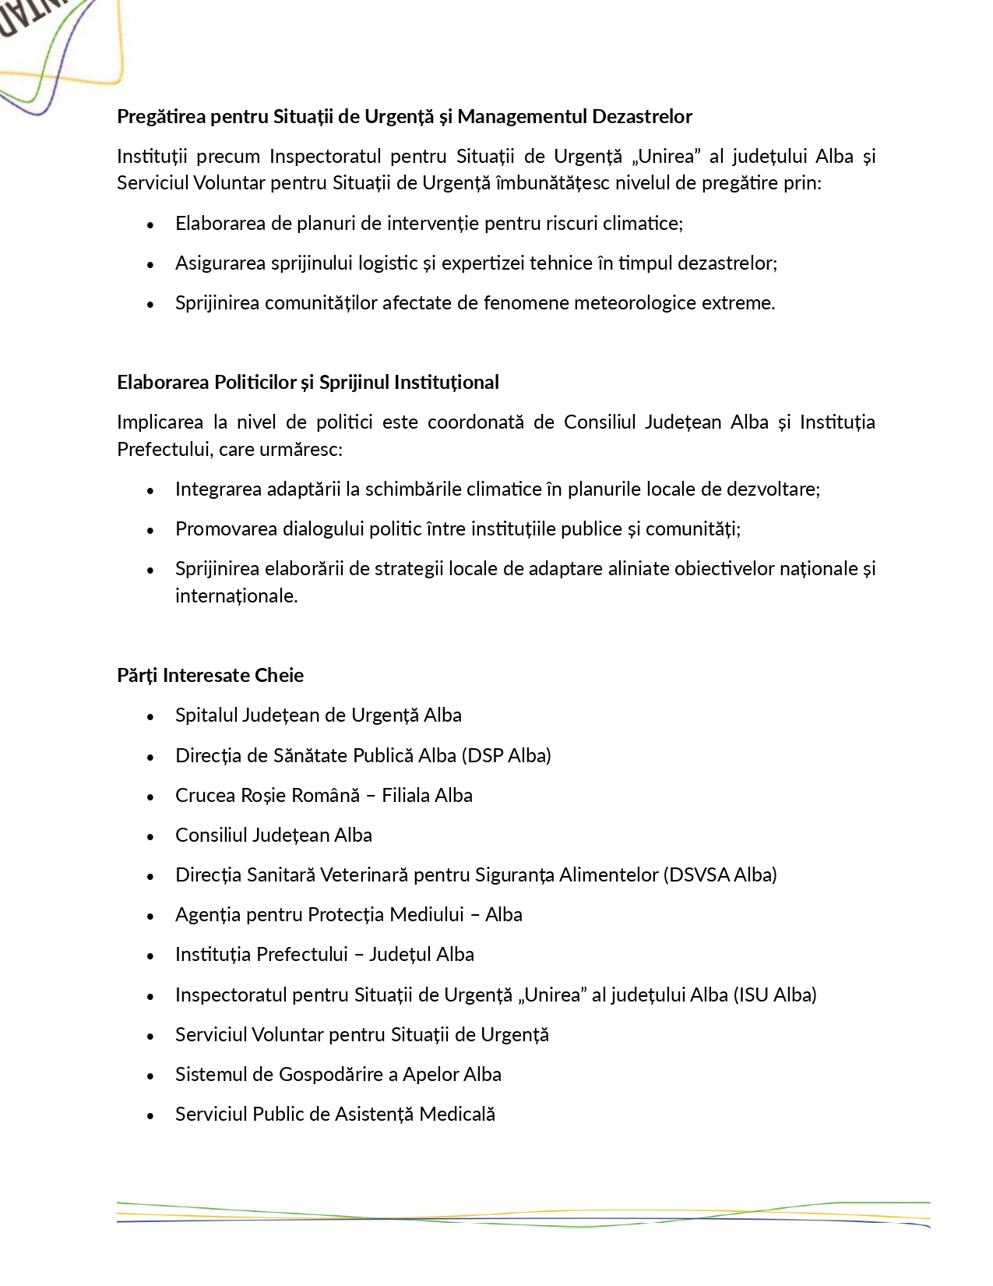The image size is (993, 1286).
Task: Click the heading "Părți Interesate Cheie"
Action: click(x=210, y=675)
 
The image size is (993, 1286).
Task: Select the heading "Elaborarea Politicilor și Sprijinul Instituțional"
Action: click(x=308, y=382)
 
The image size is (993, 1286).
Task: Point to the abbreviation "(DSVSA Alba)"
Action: click(x=720, y=874)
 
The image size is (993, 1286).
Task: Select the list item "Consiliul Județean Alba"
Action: click(x=273, y=835)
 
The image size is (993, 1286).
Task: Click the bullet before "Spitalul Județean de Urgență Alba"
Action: click(x=150, y=716)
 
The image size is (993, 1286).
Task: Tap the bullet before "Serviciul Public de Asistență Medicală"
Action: click(x=150, y=1115)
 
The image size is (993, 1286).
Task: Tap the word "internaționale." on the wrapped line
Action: click(x=236, y=595)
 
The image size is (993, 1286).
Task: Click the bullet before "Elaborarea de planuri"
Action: click(x=150, y=224)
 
